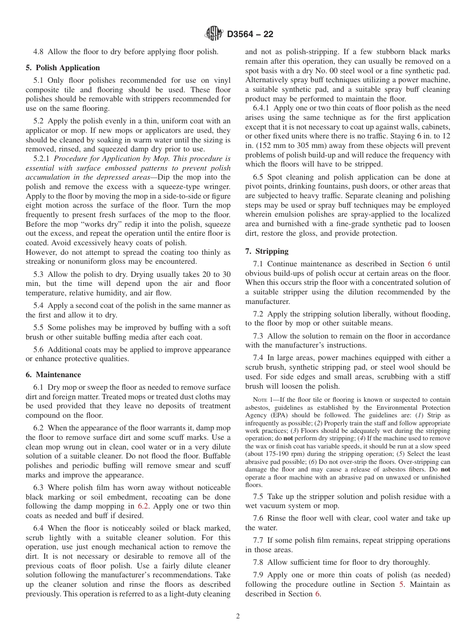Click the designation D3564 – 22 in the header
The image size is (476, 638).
[x=250, y=35]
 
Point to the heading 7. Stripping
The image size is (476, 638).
[x=267, y=251]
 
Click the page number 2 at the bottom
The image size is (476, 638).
[x=238, y=616]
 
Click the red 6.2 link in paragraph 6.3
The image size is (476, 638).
[x=143, y=507]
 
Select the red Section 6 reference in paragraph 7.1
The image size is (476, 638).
[x=429, y=264]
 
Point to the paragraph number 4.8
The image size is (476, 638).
[x=39, y=52]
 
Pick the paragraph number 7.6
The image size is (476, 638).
[x=259, y=518]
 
